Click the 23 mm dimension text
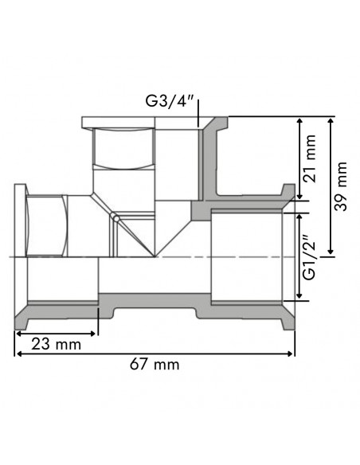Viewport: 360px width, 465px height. (x=56, y=344)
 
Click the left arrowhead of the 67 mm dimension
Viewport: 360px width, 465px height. (x=18, y=354)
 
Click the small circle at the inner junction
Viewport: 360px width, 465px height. (x=116, y=218)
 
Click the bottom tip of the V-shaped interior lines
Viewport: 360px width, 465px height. (x=155, y=258)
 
